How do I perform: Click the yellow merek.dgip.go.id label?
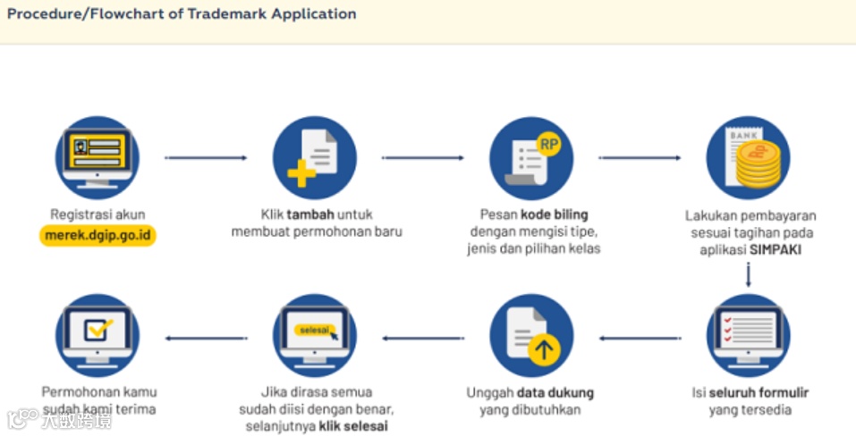coord(97,234)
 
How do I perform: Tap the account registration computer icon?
coord(97,158)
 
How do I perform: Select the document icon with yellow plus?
coord(314,158)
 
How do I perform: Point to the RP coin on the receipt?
coord(547,143)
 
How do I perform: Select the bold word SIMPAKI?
coord(775,250)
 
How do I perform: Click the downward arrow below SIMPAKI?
coord(749,276)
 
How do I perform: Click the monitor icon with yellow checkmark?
coord(97,335)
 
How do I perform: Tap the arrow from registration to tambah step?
coord(206,158)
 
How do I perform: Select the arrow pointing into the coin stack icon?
coord(640,158)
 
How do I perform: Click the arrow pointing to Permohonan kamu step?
coord(206,338)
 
